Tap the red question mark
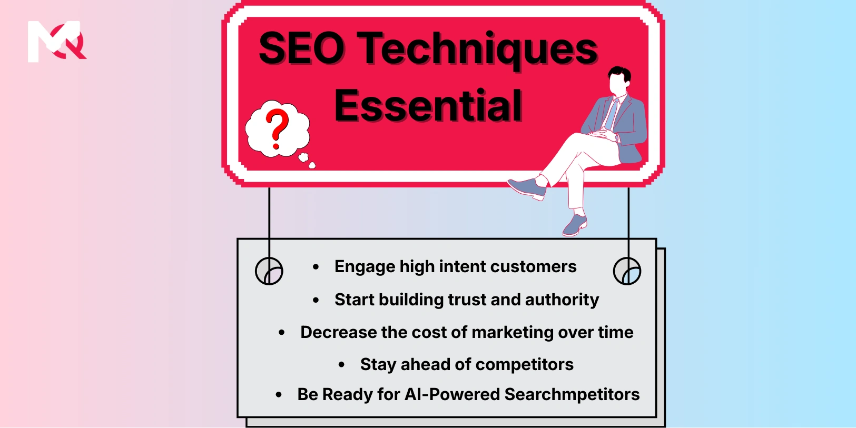(277, 128)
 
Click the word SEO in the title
(301, 48)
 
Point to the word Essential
(428, 106)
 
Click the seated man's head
(618, 81)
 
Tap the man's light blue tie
(611, 114)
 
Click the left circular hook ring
(269, 271)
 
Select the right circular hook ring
(627, 271)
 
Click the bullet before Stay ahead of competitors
(342, 364)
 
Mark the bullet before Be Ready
(279, 394)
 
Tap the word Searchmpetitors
(572, 394)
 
